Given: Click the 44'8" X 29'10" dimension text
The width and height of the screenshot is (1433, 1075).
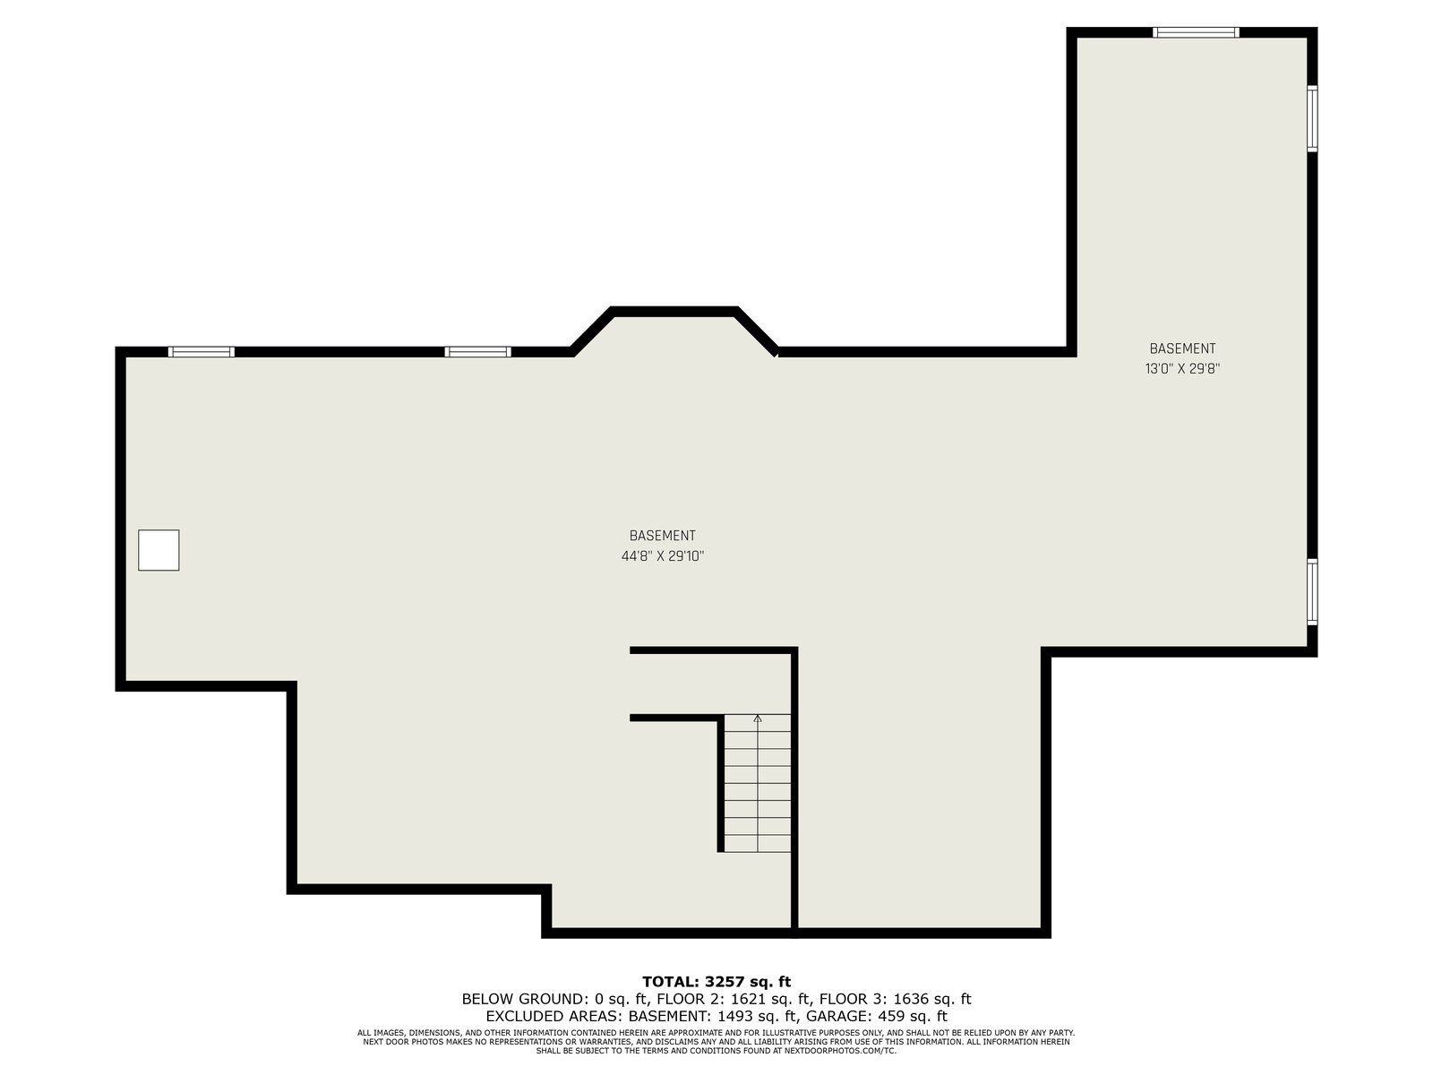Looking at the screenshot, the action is (662, 556).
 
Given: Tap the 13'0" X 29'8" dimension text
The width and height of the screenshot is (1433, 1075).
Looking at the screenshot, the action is (1182, 369).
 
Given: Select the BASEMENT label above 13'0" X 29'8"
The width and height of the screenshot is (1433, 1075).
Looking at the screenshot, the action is (1182, 348).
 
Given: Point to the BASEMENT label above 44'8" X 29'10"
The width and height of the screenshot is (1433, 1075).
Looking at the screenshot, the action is (662, 536).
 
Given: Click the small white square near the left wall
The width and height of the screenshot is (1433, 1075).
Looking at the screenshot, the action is (159, 550).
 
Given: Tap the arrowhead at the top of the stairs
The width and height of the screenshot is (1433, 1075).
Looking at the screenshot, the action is (758, 718).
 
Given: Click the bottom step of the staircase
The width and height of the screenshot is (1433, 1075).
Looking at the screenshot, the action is (758, 843).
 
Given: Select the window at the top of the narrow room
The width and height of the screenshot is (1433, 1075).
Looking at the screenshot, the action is (1196, 32).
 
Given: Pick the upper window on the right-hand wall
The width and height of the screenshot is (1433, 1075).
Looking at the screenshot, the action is (1311, 118).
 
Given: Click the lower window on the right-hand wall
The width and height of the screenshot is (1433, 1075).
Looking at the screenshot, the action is (1311, 592).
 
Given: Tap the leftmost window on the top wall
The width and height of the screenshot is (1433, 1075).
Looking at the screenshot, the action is (202, 352).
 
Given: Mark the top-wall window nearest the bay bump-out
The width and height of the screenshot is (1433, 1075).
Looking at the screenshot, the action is (478, 352).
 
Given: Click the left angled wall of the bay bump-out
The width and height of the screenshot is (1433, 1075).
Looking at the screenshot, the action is (591, 331).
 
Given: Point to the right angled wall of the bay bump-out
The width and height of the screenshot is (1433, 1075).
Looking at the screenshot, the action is (757, 331).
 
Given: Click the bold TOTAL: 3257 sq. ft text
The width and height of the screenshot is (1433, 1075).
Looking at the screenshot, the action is (716, 982).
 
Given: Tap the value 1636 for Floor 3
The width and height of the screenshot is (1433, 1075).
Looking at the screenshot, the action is (910, 999).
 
